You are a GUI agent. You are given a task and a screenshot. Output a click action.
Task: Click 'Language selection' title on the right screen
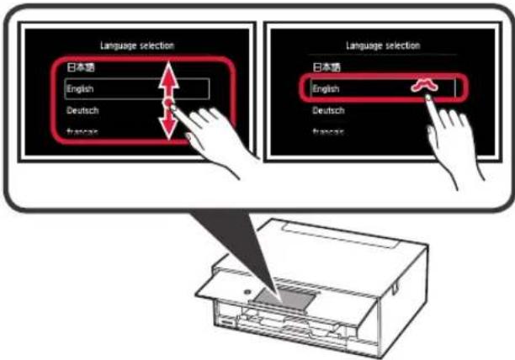pos(383,45)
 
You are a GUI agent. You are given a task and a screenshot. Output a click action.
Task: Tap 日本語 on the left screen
pos(79,66)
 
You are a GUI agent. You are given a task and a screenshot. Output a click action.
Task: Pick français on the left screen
pos(81,131)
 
